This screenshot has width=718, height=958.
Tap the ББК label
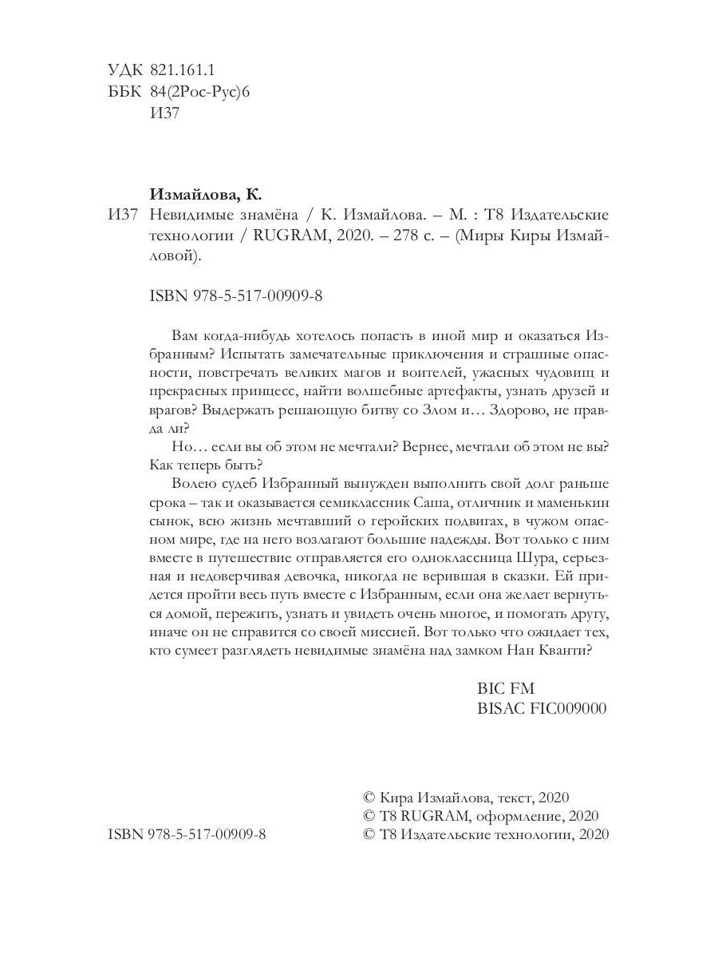point(121,92)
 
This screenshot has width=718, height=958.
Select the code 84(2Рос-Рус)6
point(200,92)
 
